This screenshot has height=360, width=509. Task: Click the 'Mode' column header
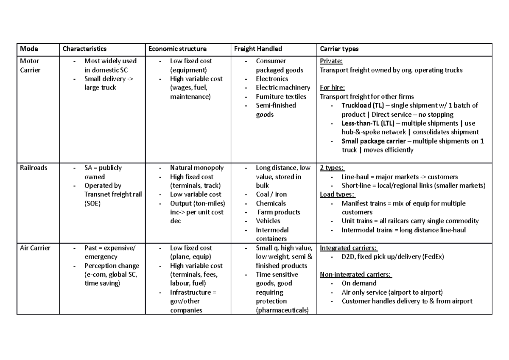(x=29, y=49)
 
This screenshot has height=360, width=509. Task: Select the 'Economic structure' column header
(x=177, y=49)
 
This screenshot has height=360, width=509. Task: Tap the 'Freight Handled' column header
(x=258, y=49)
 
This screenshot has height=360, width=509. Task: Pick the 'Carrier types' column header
(x=339, y=49)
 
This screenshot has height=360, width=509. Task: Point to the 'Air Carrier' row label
(x=35, y=248)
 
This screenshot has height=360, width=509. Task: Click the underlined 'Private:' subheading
(x=331, y=61)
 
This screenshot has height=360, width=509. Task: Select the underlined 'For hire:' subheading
(x=333, y=88)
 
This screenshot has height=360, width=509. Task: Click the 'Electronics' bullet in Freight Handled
(x=271, y=79)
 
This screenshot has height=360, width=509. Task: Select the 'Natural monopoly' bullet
(x=197, y=168)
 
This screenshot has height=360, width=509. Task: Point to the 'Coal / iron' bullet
(x=271, y=194)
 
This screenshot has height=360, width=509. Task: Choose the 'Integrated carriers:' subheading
(x=349, y=248)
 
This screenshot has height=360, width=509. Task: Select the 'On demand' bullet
(x=359, y=283)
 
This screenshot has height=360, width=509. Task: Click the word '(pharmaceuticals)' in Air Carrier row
(x=282, y=310)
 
